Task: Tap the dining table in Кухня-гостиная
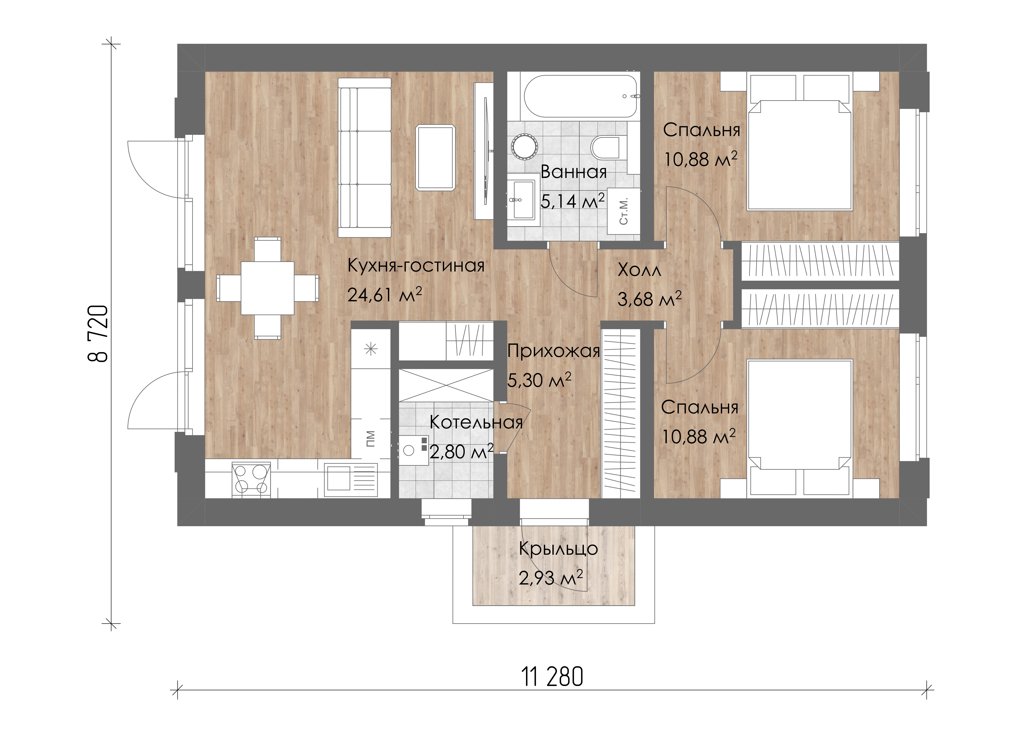click(x=268, y=288)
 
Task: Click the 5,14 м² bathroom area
click(x=572, y=201)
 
